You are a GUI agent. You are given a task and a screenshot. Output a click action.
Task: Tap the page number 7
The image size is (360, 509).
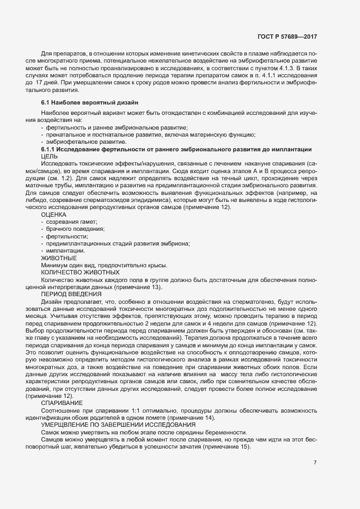click(315, 463)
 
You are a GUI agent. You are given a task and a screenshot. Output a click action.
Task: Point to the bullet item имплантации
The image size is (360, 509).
click(65, 250)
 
